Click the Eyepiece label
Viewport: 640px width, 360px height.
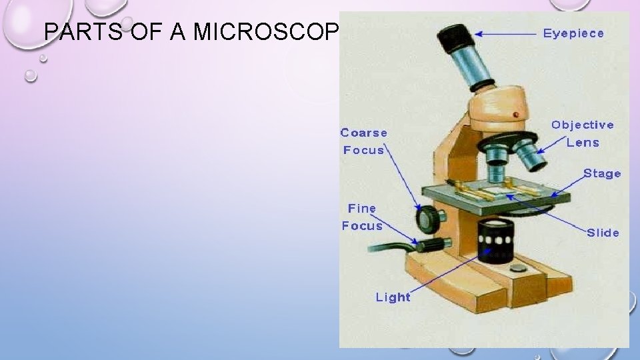coord(573,33)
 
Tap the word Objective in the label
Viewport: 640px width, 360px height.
coord(583,125)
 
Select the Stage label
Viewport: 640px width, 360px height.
coord(602,173)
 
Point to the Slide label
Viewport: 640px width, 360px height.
coord(603,233)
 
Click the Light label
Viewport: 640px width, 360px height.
coord(393,297)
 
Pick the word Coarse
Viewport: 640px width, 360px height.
coord(364,133)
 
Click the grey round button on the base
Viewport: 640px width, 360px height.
coord(517,269)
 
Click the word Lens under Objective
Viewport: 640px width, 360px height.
coord(583,142)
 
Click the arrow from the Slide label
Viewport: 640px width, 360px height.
coord(547,212)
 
